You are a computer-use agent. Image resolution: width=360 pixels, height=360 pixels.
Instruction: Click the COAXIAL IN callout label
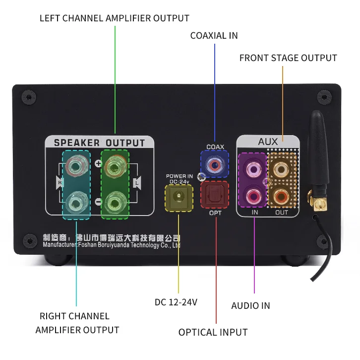pos(214,35)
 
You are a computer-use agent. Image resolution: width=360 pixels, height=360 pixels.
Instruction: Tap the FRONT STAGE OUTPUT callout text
pos(288,58)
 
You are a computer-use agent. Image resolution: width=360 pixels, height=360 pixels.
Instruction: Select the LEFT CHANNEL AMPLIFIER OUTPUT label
pos(115,18)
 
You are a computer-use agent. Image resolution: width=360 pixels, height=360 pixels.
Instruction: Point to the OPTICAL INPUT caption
pos(213,332)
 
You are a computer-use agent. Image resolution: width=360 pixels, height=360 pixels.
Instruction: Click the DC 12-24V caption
pos(176,302)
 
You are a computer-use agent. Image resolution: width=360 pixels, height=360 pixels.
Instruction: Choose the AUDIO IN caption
pos(250,305)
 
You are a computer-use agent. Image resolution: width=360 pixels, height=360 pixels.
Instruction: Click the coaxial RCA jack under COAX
pos(215,163)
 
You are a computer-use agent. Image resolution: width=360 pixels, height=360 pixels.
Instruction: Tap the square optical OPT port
pos(214,194)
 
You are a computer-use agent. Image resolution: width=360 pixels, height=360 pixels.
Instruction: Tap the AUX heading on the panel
pos(268,142)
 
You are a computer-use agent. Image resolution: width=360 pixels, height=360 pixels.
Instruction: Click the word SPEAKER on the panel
pos(76,143)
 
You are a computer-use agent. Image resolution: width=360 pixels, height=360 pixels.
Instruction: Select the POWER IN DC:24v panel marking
pos(179,179)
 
